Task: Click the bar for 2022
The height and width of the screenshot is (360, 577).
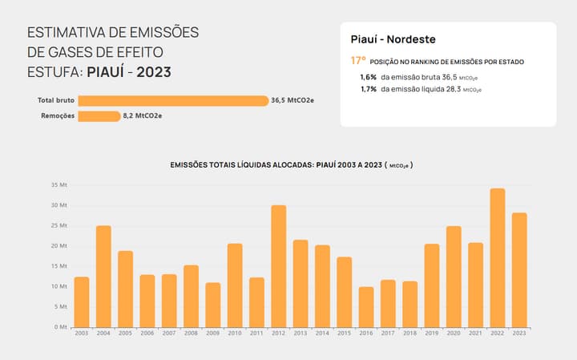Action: click(498, 257)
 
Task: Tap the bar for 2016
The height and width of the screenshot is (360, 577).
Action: click(366, 307)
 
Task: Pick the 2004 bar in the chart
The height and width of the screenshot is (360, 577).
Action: click(103, 277)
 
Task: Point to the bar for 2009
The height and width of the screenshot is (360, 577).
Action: click(212, 305)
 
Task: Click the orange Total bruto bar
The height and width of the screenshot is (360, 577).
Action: click(173, 101)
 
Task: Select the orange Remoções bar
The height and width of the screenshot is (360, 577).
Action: click(99, 116)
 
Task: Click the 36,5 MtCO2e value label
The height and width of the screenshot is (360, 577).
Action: click(292, 101)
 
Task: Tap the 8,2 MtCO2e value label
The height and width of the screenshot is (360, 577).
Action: click(143, 116)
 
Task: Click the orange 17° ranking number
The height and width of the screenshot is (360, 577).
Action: click(358, 60)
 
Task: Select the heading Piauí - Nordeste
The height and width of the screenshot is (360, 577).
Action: click(393, 39)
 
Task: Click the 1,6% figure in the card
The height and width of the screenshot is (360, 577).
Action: click(369, 76)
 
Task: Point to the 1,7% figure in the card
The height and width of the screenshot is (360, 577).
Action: click(369, 89)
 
